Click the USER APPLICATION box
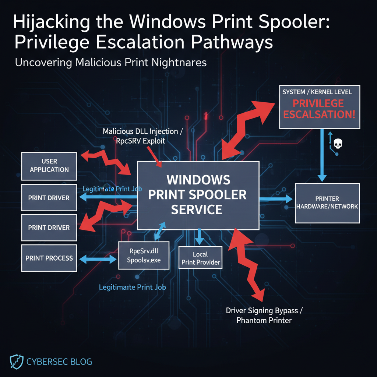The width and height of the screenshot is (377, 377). [x=49, y=166]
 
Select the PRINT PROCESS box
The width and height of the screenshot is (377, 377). [x=49, y=258]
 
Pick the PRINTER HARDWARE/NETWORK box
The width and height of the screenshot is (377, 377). [x=327, y=202]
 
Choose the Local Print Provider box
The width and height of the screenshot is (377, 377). [x=200, y=258]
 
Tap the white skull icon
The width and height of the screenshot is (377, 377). [x=337, y=144]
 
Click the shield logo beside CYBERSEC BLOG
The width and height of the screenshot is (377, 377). [x=14, y=362]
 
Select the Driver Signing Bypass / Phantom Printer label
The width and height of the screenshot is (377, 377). [x=264, y=316]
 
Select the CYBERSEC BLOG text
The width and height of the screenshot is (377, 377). [x=59, y=362]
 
